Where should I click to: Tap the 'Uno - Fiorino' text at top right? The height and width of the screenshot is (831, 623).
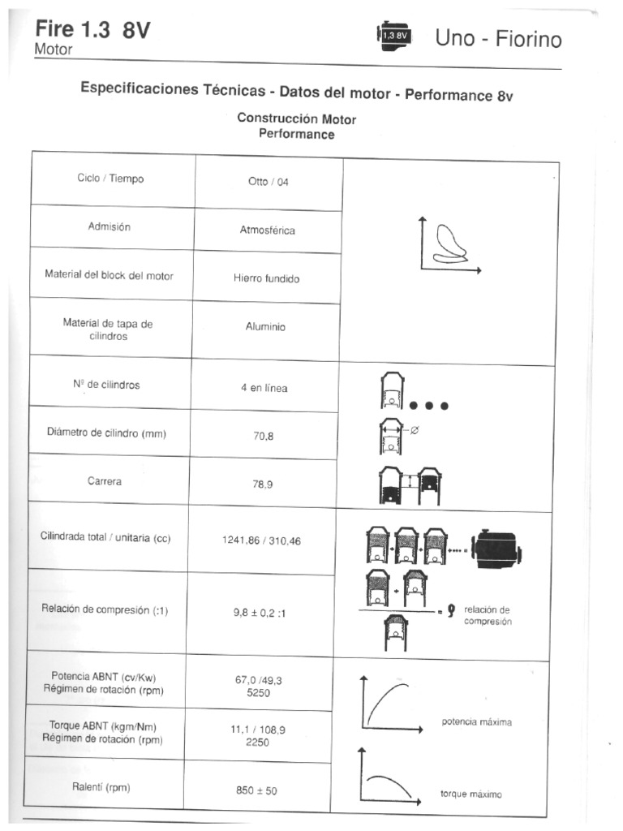pyautogui.click(x=498, y=38)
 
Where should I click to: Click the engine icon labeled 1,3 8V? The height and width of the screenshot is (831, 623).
pyautogui.click(x=395, y=35)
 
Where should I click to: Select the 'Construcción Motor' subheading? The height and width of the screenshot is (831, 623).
pyautogui.click(x=296, y=118)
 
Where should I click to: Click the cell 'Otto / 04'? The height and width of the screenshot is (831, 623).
pyautogui.click(x=268, y=182)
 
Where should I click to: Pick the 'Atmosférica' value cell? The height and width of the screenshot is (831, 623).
pyautogui.click(x=268, y=230)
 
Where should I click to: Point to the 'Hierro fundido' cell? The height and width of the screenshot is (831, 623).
pyautogui.click(x=267, y=278)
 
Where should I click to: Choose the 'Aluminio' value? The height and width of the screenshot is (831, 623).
pyautogui.click(x=265, y=327)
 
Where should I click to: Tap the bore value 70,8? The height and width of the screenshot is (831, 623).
pyautogui.click(x=264, y=436)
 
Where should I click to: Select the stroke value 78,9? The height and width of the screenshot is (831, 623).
pyautogui.click(x=264, y=484)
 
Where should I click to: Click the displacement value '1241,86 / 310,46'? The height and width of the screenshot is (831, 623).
pyautogui.click(x=261, y=540)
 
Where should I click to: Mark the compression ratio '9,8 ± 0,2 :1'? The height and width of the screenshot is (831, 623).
pyautogui.click(x=260, y=614)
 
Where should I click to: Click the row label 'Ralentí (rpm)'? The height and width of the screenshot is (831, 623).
pyautogui.click(x=101, y=786)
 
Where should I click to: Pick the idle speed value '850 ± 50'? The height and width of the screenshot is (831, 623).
pyautogui.click(x=256, y=790)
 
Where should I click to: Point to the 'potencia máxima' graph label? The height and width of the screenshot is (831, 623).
pyautogui.click(x=477, y=721)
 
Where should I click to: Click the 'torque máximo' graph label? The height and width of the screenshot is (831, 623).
pyautogui.click(x=470, y=794)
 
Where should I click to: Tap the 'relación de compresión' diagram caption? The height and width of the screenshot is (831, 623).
pyautogui.click(x=488, y=615)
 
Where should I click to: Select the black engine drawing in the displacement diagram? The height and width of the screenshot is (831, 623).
pyautogui.click(x=498, y=550)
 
